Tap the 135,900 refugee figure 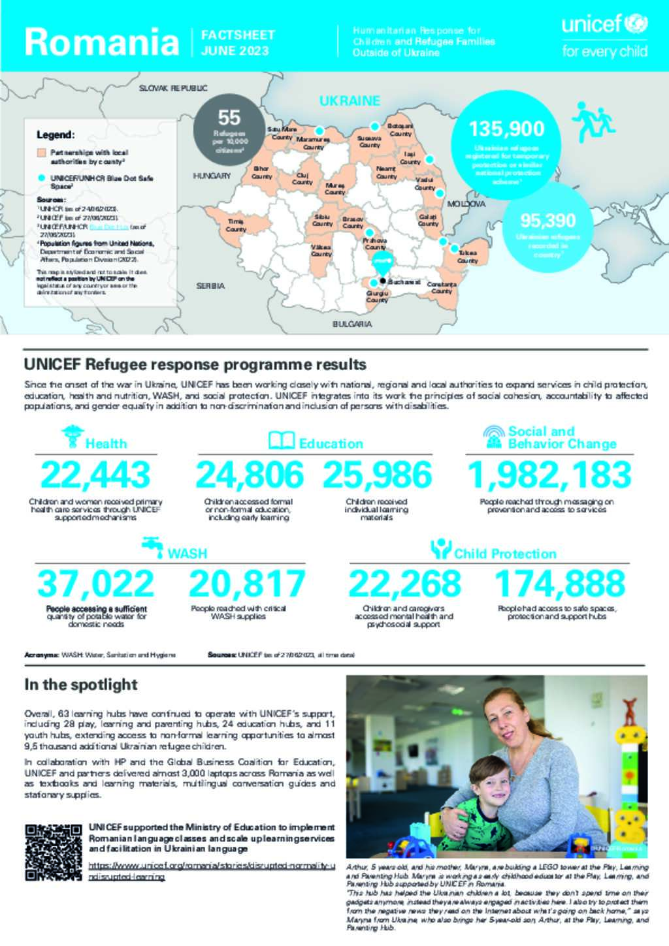(506, 128)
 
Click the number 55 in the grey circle (229, 118)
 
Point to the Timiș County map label (236, 226)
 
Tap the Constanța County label (442, 287)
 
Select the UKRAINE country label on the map (349, 101)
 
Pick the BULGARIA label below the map (352, 324)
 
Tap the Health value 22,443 (95, 475)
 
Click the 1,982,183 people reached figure (549, 475)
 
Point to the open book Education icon (281, 441)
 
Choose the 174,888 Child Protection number (560, 583)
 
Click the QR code (53, 852)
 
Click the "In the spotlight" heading (80, 684)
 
